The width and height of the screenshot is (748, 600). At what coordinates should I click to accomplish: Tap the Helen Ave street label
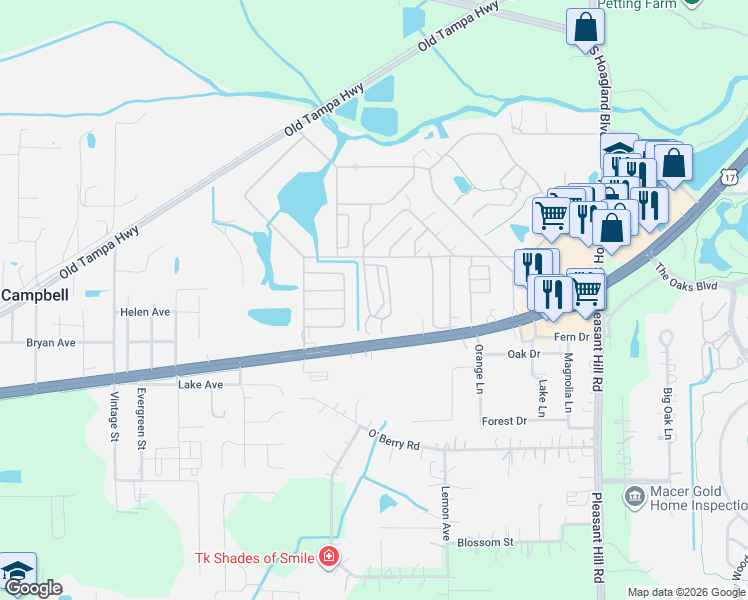(x=146, y=312)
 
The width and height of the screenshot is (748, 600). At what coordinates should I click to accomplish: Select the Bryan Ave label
(x=52, y=342)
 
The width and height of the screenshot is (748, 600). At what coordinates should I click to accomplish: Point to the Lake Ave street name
(x=198, y=384)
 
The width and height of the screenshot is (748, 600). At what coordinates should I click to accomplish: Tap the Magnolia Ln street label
(x=567, y=384)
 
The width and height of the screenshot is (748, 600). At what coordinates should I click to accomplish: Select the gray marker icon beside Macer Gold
(x=633, y=497)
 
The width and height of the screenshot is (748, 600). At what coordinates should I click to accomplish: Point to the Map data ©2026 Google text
(x=685, y=592)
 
